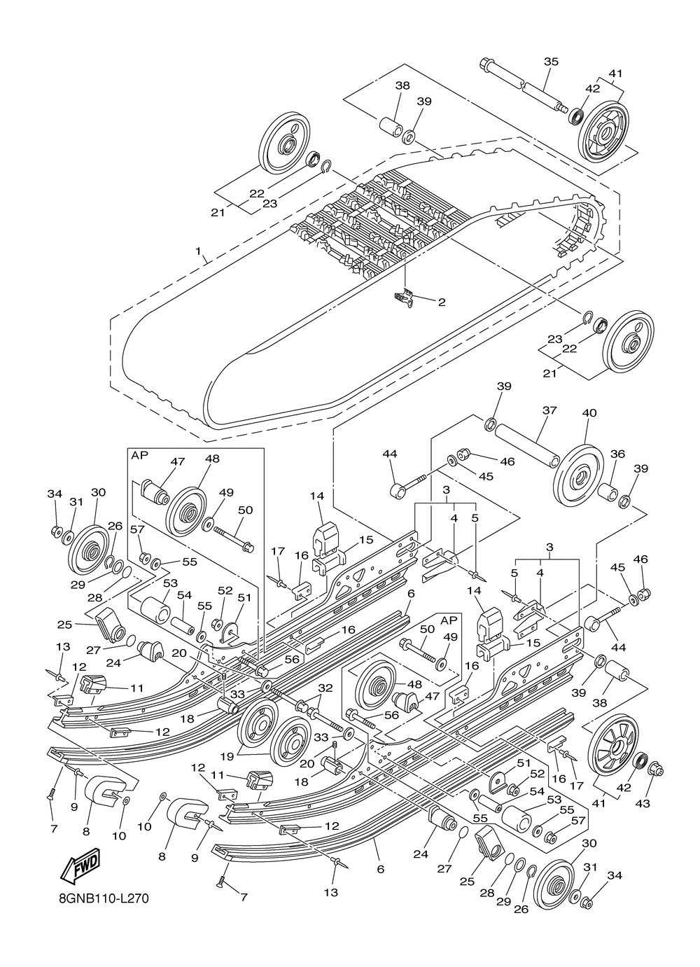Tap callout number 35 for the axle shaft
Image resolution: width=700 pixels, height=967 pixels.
click(551, 62)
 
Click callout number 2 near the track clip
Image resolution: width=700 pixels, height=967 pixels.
click(442, 302)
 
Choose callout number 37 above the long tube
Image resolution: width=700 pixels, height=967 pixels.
click(549, 410)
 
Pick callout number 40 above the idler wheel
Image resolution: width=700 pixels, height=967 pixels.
click(589, 413)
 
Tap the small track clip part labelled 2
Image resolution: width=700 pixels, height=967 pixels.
click(405, 298)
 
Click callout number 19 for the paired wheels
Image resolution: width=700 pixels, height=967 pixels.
click(227, 756)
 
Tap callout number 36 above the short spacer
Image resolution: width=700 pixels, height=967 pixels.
click(617, 454)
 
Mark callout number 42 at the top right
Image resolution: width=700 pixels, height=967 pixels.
click(592, 88)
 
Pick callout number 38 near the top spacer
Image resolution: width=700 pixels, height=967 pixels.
click(402, 85)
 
